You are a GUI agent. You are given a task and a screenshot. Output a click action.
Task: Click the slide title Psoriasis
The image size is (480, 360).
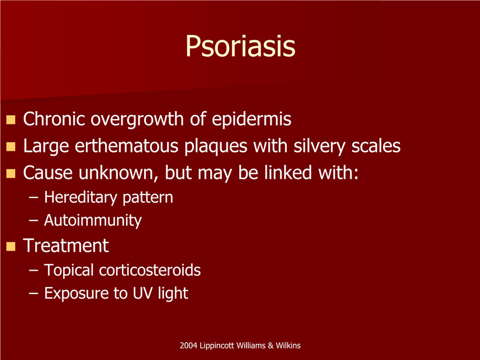(241, 46)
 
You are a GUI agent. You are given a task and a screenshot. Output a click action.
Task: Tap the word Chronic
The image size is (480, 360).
(54, 119)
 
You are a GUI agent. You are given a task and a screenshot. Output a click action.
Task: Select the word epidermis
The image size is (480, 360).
(251, 119)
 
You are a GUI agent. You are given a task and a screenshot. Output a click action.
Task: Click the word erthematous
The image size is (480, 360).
(127, 146)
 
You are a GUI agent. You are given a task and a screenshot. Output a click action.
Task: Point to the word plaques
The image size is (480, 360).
(215, 147)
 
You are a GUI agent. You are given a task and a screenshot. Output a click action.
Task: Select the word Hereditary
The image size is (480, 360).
(80, 198)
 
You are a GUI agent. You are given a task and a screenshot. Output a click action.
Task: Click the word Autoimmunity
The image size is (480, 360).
(93, 220)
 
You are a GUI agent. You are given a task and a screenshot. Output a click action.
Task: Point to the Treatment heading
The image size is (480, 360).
(66, 245)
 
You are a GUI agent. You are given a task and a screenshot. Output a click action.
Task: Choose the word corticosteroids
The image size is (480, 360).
(149, 270)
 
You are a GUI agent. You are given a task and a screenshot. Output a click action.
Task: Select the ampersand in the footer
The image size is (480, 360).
(270, 345)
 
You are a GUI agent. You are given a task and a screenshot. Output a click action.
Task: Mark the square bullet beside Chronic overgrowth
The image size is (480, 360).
(11, 120)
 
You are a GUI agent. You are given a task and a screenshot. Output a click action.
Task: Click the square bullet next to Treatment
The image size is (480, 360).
(11, 247)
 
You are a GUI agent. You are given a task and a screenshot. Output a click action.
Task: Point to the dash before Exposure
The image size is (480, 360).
(33, 294)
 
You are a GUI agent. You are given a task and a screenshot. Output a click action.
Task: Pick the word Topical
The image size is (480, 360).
(68, 271)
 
